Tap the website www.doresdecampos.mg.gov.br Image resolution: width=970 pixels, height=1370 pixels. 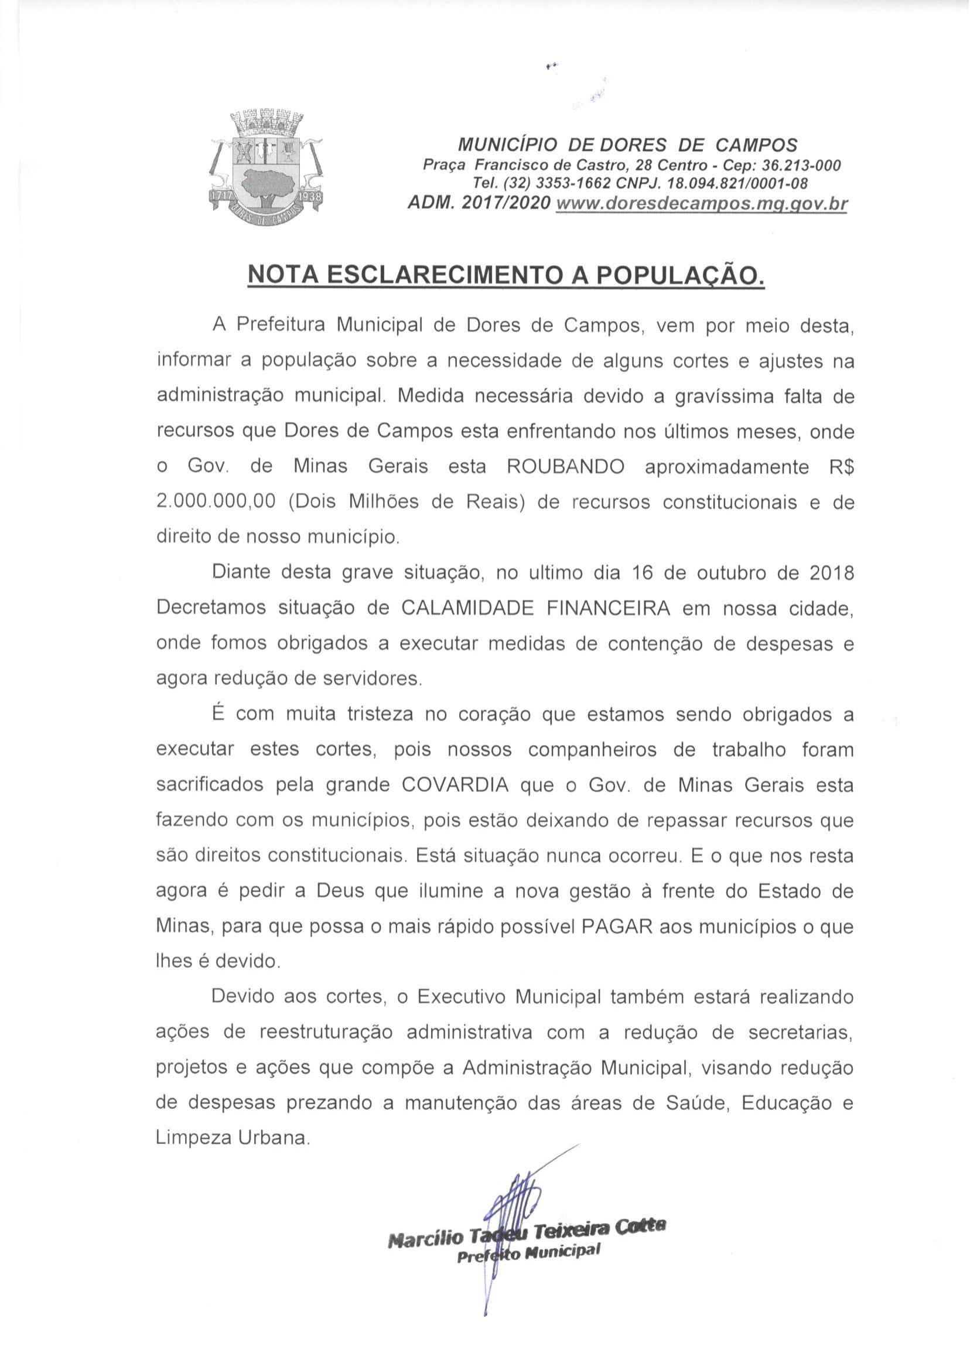click(x=702, y=204)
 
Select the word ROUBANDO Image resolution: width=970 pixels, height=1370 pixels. click(x=565, y=466)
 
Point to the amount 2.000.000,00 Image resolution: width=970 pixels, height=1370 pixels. click(x=216, y=501)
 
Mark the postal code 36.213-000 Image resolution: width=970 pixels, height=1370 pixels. click(x=790, y=165)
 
